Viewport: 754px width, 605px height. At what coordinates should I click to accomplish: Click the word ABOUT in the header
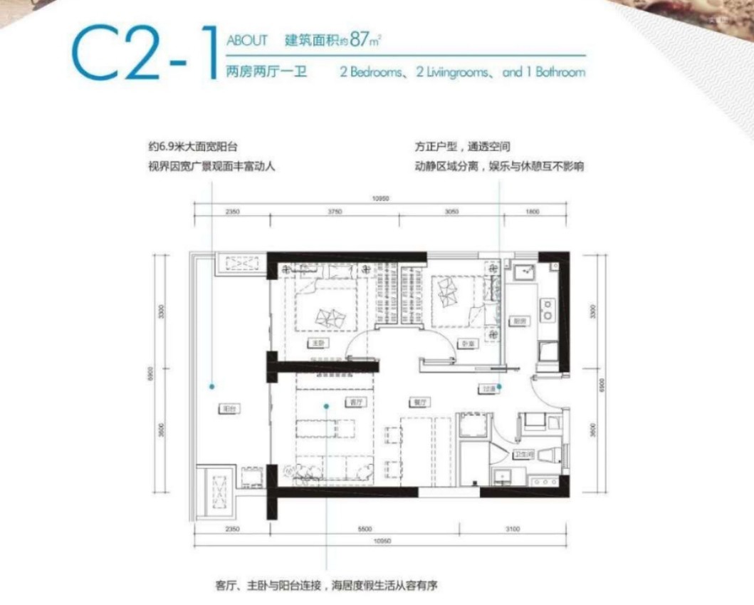click(246, 41)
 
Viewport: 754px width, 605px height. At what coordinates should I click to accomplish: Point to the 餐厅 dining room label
click(419, 402)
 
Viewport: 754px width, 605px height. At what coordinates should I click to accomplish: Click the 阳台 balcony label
click(228, 409)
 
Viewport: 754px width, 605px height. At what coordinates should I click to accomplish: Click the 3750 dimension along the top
click(335, 212)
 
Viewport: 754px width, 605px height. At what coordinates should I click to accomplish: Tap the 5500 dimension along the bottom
click(365, 529)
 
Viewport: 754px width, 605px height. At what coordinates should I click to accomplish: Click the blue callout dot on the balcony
click(211, 386)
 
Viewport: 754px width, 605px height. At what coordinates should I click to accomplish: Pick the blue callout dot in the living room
click(326, 406)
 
